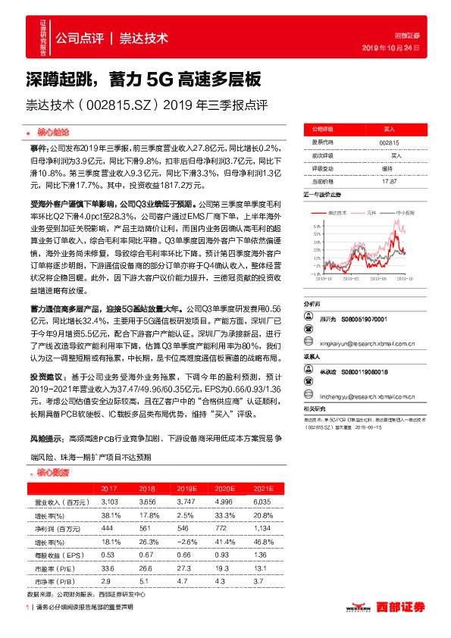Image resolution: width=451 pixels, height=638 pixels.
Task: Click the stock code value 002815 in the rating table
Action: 389,142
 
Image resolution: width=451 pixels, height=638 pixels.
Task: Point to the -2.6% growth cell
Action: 186,540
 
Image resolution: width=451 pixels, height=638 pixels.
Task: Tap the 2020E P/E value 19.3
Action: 223,567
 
